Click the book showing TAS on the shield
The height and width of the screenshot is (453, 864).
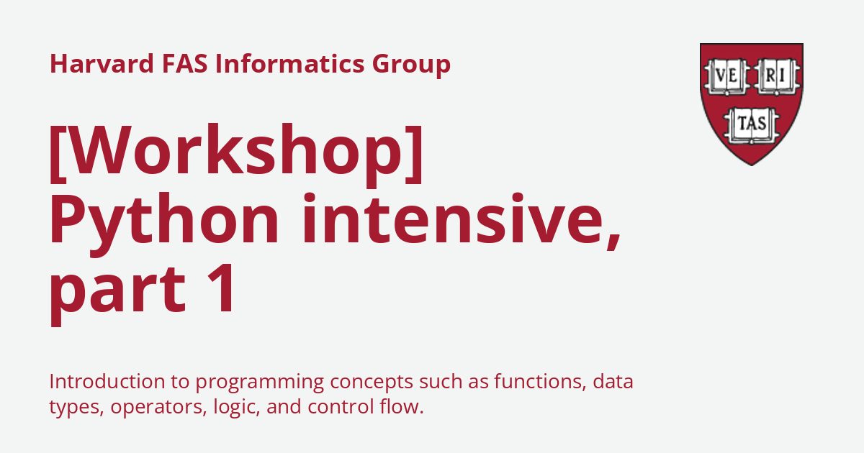[x=752, y=125]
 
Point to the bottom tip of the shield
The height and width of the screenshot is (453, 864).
[x=752, y=165]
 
